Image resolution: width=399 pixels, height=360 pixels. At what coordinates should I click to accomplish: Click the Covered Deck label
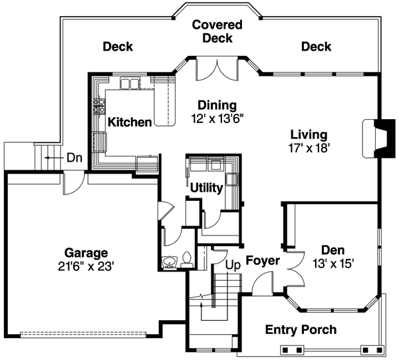(x=217, y=32)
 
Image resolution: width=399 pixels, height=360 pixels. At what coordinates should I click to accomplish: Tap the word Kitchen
(x=129, y=122)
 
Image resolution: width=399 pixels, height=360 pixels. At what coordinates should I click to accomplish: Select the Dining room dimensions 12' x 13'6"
(x=217, y=119)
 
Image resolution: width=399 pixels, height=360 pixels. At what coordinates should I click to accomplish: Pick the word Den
(x=332, y=250)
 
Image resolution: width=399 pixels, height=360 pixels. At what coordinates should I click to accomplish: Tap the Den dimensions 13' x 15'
(x=332, y=264)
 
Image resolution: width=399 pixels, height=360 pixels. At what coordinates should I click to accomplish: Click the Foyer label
(x=264, y=260)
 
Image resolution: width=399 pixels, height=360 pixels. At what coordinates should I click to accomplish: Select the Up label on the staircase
(x=233, y=264)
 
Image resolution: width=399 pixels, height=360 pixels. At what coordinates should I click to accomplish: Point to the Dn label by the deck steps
(x=74, y=158)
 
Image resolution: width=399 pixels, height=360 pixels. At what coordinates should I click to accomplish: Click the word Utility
(x=206, y=188)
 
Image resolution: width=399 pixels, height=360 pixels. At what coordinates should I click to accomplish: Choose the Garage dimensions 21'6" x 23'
(x=86, y=266)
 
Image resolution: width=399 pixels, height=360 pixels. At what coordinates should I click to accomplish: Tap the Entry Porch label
(x=301, y=329)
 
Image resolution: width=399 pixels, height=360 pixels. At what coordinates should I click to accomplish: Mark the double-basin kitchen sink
(x=130, y=83)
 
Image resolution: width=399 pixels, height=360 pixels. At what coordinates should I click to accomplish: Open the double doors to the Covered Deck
(x=217, y=67)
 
